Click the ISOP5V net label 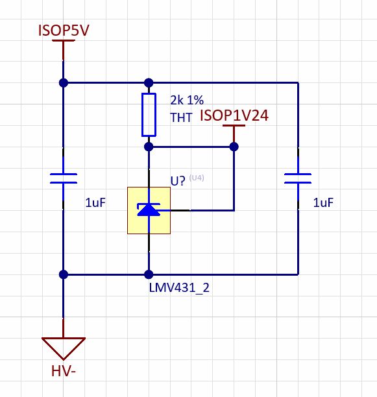tap(63, 30)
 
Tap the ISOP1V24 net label tap(234, 115)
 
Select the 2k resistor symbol tap(149, 115)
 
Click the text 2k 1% tap(186, 101)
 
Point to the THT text tap(180, 117)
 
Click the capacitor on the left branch tap(63, 178)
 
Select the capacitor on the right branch tap(298, 178)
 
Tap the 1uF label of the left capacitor tap(95, 203)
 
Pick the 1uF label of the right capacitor tap(323, 203)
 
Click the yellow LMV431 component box tap(149, 210)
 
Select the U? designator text tap(178, 181)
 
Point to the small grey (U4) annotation tap(197, 178)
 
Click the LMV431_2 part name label tap(179, 287)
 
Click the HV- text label tap(63, 372)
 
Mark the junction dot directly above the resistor tap(149, 82)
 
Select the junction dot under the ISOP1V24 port tap(234, 147)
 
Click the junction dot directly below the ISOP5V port tap(63, 82)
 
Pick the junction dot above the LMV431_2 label tap(149, 274)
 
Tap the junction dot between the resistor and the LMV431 tap(149, 147)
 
